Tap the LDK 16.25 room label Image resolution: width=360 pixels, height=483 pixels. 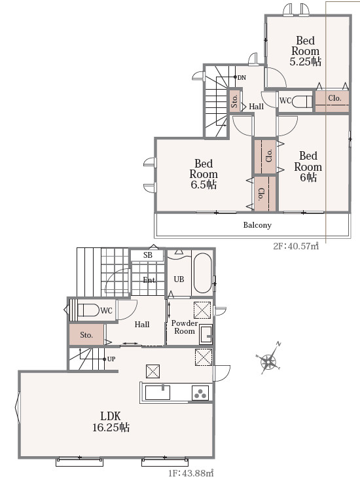click(x=111, y=421)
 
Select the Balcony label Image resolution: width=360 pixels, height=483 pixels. click(x=257, y=225)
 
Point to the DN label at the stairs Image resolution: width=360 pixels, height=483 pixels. click(x=242, y=78)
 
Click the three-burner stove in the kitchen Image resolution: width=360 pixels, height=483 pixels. click(x=200, y=393)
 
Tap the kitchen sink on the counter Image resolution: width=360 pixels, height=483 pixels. click(x=157, y=392)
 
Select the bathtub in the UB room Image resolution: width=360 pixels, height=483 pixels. click(x=202, y=273)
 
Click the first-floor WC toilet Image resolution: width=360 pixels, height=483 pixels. click(x=88, y=310)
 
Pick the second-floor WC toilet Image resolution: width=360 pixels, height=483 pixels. click(x=302, y=101)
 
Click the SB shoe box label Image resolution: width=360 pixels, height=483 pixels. click(x=148, y=255)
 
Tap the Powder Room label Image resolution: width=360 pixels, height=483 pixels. click(x=185, y=327)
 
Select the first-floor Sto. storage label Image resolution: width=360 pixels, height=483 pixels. click(x=86, y=335)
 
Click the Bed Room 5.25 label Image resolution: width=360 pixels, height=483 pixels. click(x=305, y=51)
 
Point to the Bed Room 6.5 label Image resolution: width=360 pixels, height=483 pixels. click(x=204, y=174)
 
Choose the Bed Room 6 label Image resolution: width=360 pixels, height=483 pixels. click(x=308, y=167)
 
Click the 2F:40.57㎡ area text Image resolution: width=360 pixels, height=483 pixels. click(x=296, y=247)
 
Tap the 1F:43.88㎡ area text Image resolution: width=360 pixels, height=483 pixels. click(x=191, y=473)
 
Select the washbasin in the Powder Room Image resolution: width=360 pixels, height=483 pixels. click(x=206, y=334)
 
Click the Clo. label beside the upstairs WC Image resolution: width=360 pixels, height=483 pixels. click(x=334, y=98)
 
